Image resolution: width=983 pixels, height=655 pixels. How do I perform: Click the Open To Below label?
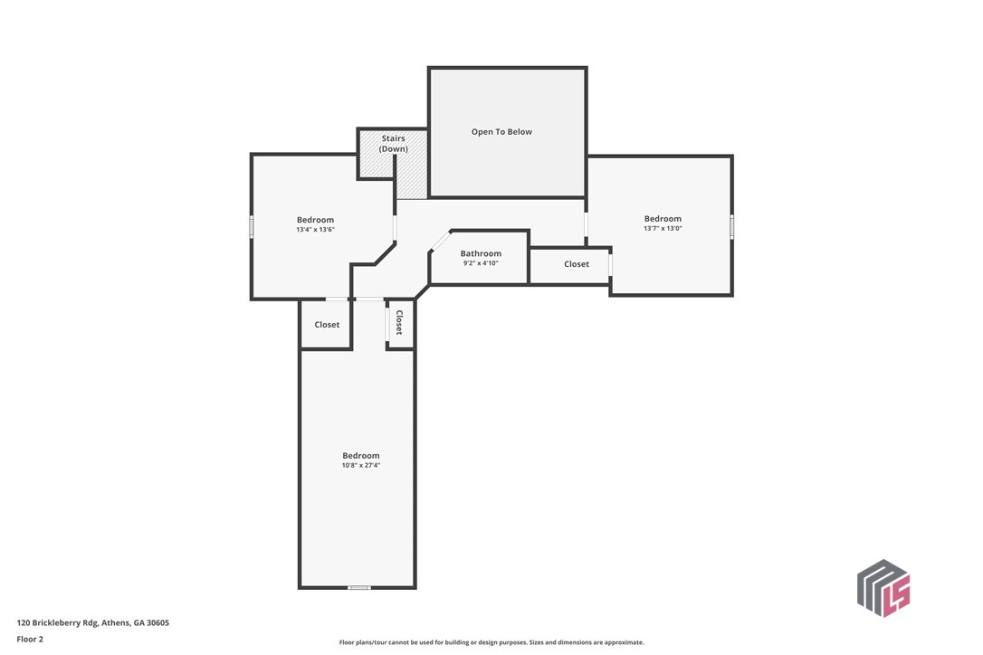click(501, 131)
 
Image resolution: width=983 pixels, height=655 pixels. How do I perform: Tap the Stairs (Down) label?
click(393, 144)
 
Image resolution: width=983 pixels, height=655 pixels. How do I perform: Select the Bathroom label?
click(481, 253)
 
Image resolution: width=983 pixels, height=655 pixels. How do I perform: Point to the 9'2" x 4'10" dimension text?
click(481, 263)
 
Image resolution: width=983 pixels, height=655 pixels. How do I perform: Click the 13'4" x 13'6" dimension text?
click(315, 230)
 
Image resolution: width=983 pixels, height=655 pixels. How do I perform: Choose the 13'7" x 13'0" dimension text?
click(663, 228)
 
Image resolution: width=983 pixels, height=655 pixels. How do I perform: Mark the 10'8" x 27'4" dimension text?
click(361, 465)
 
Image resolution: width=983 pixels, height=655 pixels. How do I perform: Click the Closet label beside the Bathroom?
click(577, 264)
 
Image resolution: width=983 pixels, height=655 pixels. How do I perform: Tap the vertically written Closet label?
click(399, 322)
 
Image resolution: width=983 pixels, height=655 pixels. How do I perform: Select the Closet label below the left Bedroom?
click(327, 325)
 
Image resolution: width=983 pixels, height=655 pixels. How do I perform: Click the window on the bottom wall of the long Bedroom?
click(359, 587)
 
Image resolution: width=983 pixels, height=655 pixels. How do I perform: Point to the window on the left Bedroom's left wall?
click(252, 227)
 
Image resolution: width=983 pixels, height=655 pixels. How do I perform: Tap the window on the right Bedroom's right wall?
click(731, 226)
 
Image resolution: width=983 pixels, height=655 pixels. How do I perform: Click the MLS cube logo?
click(883, 588)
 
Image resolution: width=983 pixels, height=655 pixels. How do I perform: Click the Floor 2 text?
click(30, 640)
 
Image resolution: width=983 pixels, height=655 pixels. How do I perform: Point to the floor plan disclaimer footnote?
click(491, 642)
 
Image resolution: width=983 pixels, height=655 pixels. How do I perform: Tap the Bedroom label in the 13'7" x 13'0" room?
click(663, 219)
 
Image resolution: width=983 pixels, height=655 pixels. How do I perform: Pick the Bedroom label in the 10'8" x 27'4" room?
click(361, 456)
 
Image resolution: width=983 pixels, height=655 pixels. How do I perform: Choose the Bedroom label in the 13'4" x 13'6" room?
click(315, 220)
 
